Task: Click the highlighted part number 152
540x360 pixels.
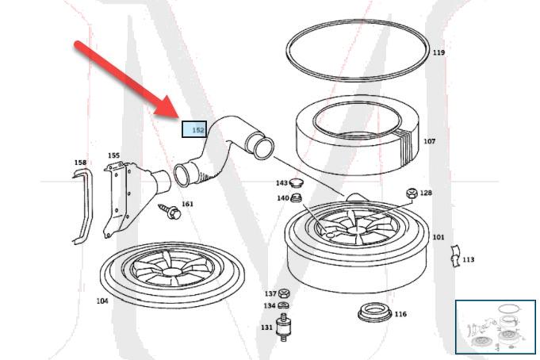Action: [x=198, y=130]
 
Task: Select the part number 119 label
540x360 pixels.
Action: [x=439, y=52]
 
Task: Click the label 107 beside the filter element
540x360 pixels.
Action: [x=430, y=141]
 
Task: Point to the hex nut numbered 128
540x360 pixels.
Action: [x=412, y=193]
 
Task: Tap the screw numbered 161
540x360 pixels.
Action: [x=170, y=212]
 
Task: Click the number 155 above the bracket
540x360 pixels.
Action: [x=113, y=155]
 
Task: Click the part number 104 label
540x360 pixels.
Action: [x=102, y=301]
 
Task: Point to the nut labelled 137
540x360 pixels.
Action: [x=283, y=294]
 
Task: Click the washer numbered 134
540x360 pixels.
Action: [x=283, y=304]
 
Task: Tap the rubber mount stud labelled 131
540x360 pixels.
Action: [x=283, y=327]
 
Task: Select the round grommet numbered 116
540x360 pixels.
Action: [x=375, y=312]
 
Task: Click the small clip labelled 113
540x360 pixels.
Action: [x=455, y=256]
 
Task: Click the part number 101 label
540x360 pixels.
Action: [x=439, y=237]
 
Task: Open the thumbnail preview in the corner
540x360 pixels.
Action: [x=496, y=327]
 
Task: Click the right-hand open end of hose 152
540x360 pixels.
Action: [x=263, y=148]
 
